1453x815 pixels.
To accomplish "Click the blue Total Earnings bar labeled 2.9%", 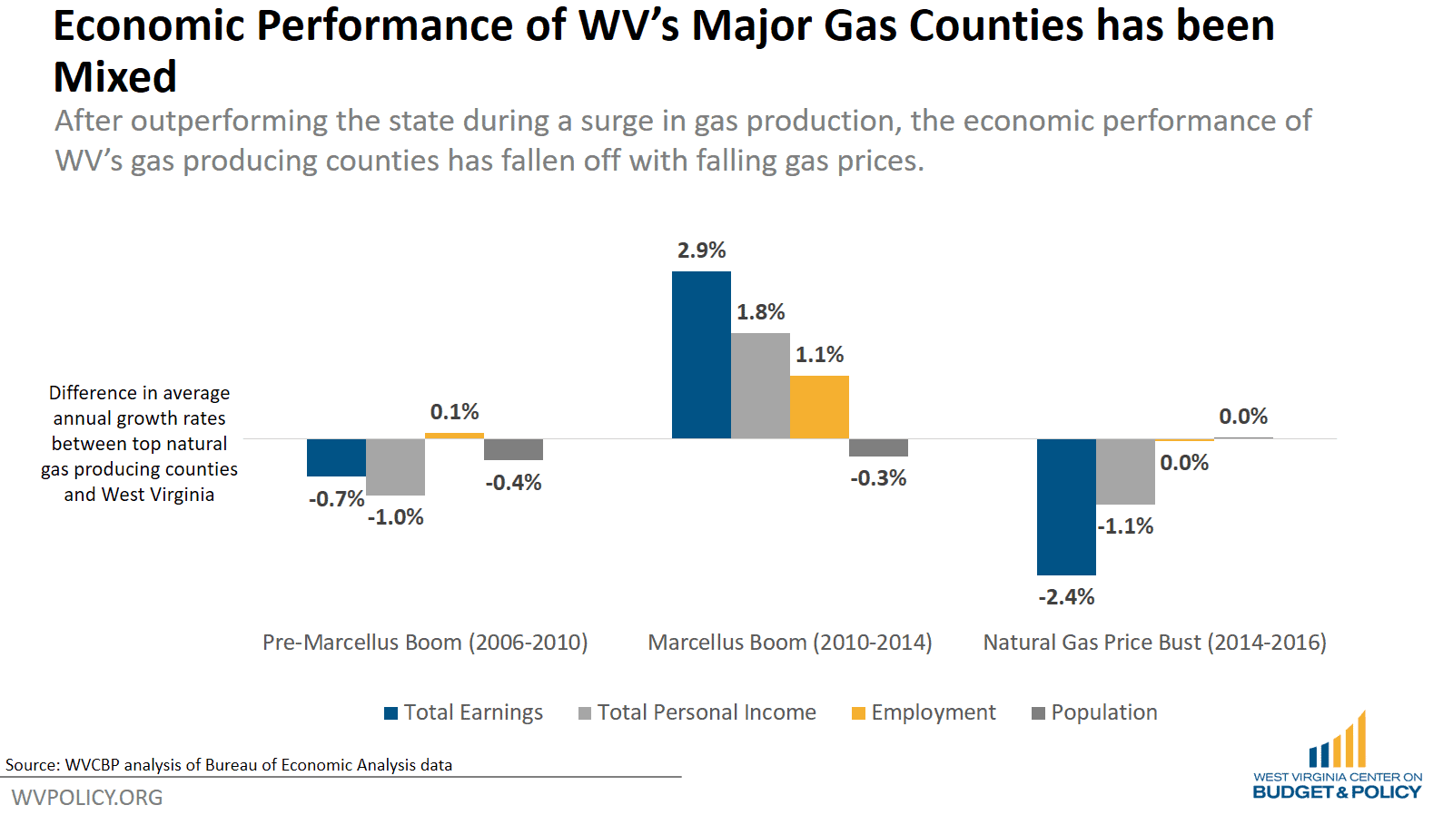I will [x=701, y=355].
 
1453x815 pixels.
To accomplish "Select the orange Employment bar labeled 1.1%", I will [x=819, y=407].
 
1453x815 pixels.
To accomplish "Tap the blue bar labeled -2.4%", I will [x=1066, y=506].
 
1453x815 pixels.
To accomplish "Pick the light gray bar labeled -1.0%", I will [x=395, y=466].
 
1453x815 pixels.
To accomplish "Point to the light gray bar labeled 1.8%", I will [x=760, y=386].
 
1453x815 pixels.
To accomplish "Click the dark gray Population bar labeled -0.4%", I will [x=513, y=449].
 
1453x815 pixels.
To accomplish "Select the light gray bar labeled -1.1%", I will [x=1125, y=471].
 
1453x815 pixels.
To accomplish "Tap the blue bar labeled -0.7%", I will [x=336, y=457].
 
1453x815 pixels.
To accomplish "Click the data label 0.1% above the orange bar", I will [x=454, y=412].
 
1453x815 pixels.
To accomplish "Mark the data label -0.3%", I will [x=878, y=478].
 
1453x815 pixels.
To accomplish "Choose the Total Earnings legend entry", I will [x=463, y=712].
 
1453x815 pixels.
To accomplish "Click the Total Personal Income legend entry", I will [x=697, y=712].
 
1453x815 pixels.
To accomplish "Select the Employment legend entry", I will [x=923, y=712].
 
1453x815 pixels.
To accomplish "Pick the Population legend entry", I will [x=1094, y=712].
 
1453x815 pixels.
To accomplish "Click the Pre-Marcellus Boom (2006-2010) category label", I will [x=425, y=643].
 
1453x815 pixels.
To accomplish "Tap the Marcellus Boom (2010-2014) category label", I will [x=790, y=643].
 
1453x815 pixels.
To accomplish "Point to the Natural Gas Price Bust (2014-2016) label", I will [x=1154, y=643].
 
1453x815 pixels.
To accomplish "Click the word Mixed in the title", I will [x=115, y=77].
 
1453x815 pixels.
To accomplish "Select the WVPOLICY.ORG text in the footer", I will [x=87, y=798].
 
